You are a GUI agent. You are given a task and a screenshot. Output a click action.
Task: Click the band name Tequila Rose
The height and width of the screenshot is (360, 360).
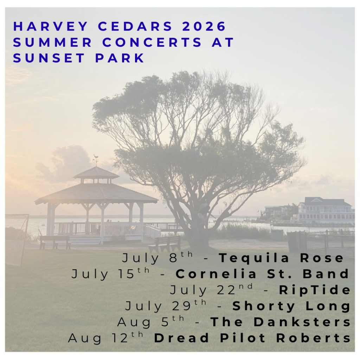[x=281, y=258]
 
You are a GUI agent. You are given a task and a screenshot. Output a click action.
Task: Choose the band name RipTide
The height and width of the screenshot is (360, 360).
[x=315, y=290]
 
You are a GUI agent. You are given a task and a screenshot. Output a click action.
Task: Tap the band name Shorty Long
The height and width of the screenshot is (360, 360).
[x=291, y=306]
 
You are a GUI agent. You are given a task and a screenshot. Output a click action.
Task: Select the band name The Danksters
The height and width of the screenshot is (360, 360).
[x=280, y=322]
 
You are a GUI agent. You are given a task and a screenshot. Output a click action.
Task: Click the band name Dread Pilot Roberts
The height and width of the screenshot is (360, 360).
[x=252, y=338]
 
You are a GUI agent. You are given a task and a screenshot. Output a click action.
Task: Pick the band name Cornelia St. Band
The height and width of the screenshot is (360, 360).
[x=262, y=274]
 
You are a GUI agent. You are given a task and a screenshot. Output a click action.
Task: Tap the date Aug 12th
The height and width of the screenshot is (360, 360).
[x=105, y=338]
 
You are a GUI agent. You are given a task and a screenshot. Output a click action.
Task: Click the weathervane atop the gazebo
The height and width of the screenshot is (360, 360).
[x=96, y=159]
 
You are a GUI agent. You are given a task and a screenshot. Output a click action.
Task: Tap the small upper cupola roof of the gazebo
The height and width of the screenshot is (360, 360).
[x=96, y=173]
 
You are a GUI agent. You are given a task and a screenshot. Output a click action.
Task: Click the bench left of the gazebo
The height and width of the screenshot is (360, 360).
[x=55, y=241]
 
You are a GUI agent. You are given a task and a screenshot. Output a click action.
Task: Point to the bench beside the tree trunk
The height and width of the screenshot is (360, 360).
[x=165, y=243]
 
